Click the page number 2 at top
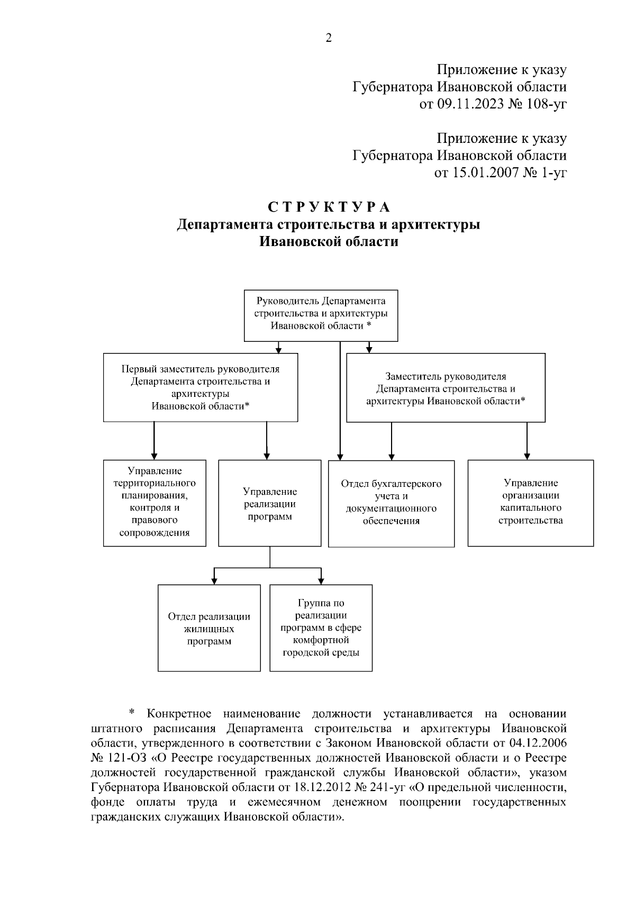coord(328,38)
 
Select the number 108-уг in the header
coord(547,104)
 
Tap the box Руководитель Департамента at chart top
coord(321,315)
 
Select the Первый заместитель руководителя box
coord(200,387)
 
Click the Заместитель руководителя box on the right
coord(446,388)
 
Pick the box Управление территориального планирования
coord(155,502)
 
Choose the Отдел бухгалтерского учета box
coord(391,503)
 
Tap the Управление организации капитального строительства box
coord(530,502)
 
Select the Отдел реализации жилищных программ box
coord(209,628)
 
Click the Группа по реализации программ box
coord(321,628)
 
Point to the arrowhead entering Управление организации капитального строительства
coord(527,456)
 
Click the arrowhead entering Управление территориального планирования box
coord(154,456)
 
